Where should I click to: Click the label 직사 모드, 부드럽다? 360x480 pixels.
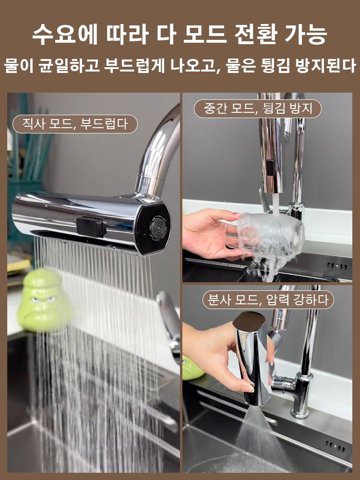[x=75, y=124]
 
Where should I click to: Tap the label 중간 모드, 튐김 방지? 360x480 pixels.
[x=258, y=108]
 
